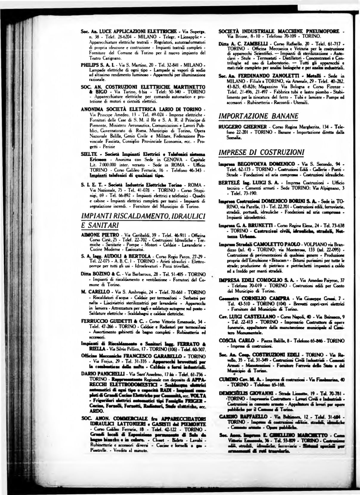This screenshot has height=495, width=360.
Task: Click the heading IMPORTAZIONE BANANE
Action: pos(259,116)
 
